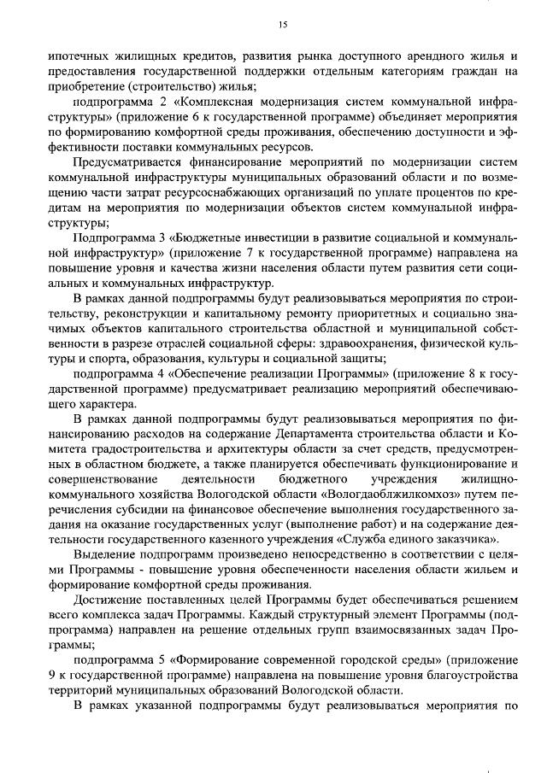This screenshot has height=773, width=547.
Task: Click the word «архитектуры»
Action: point(248,450)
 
